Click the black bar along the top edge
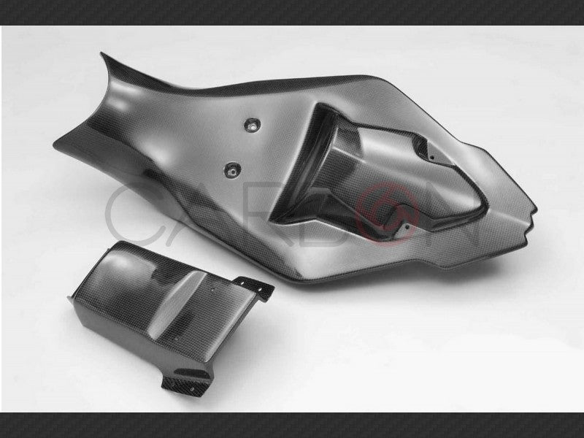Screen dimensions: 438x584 tap(292, 12)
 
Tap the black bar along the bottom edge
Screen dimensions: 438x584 tap(292, 425)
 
